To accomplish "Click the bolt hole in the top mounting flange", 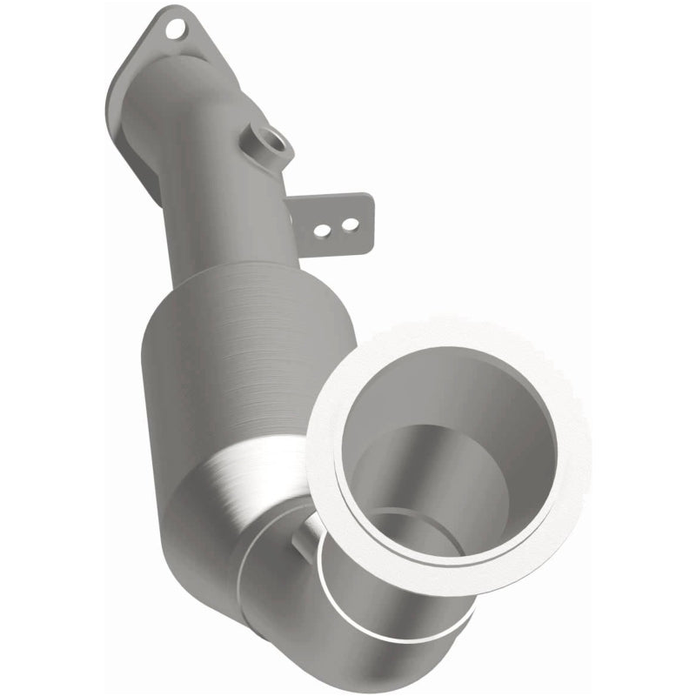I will pyautogui.click(x=177, y=28).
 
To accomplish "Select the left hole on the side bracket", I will pyautogui.click(x=322, y=231).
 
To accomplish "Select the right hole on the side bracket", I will pyautogui.click(x=348, y=225).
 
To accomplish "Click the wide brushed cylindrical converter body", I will pyautogui.click(x=235, y=365).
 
